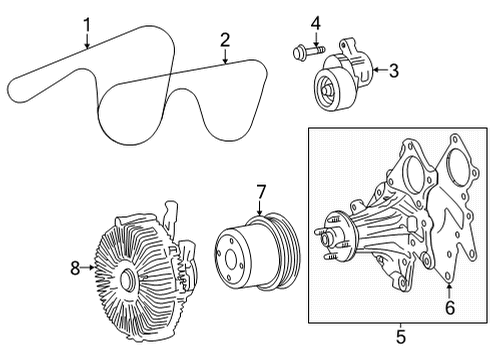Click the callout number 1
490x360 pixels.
[x=87, y=24]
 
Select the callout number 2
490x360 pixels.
[x=225, y=39]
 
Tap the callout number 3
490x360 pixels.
[x=393, y=70]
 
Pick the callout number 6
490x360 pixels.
[x=449, y=308]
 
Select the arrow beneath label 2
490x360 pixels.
[x=225, y=57]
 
